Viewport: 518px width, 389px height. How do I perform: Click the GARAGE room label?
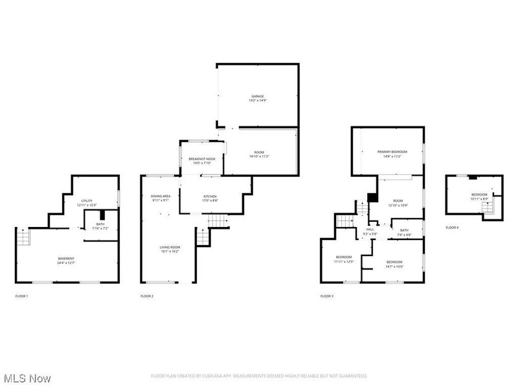[x=258, y=96]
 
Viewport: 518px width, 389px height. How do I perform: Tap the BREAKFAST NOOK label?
[x=201, y=159]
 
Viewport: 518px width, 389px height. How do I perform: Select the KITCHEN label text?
[x=210, y=196]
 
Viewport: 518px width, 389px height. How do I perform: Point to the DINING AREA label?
[x=160, y=196]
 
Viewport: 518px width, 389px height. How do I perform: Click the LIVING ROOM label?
[x=170, y=247]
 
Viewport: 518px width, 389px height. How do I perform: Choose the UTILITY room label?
[x=87, y=201]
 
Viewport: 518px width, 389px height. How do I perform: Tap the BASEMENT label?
[x=66, y=259]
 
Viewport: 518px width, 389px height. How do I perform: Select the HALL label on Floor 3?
[x=370, y=229]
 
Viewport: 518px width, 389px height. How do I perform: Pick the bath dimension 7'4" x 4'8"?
[x=404, y=235]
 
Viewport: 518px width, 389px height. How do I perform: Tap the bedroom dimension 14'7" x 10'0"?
[x=394, y=266]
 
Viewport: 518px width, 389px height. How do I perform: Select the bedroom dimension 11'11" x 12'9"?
[x=344, y=261]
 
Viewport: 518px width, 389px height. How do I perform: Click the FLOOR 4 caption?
[x=452, y=228]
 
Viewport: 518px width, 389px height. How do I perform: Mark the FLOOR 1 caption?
[x=21, y=296]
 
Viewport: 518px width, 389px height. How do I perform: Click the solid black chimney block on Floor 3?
[x=372, y=198]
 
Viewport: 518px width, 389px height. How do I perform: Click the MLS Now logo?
[x=27, y=377]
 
